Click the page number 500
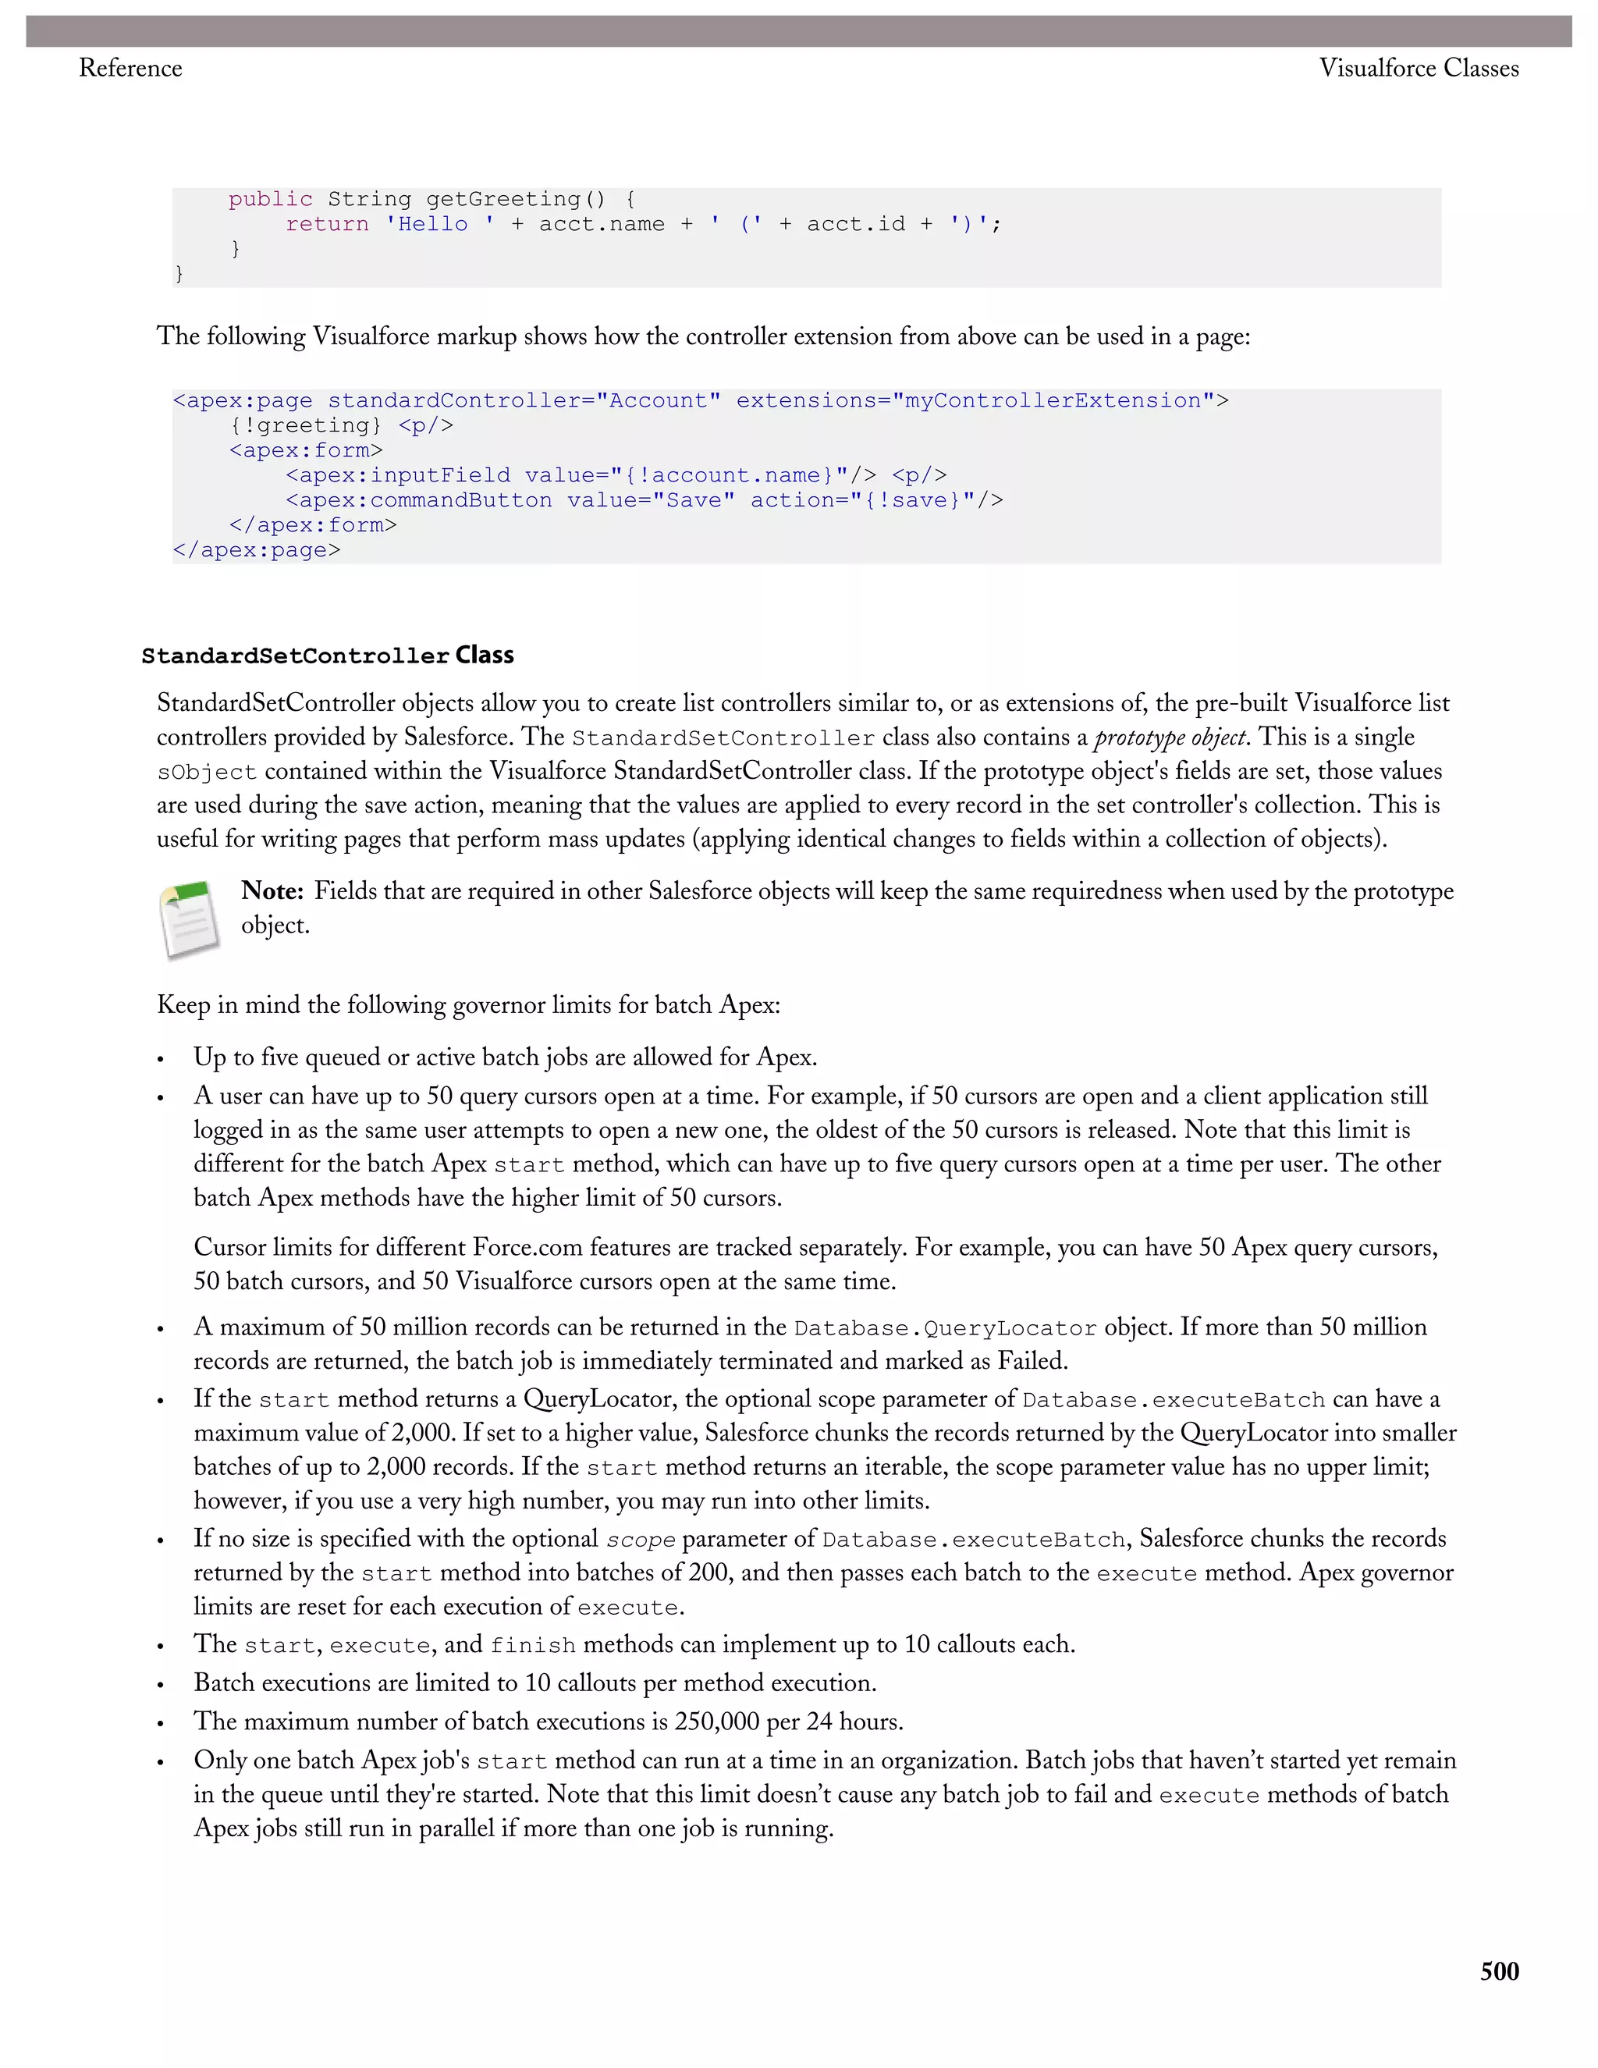pyautogui.click(x=1499, y=1971)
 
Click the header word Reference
pyautogui.click(x=130, y=68)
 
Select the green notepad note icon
pyautogui.click(x=190, y=919)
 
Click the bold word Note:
pyautogui.click(x=272, y=891)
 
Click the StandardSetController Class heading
pyautogui.click(x=328, y=656)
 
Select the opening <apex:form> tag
pyautogui.click(x=306, y=451)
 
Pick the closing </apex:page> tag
pyautogui.click(x=257, y=550)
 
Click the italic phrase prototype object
pyautogui.click(x=1169, y=737)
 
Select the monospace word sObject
pyautogui.click(x=206, y=773)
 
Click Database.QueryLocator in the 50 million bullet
pyautogui.click(x=945, y=1328)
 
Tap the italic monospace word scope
pyautogui.click(x=640, y=1540)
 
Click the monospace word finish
pyautogui.click(x=532, y=1646)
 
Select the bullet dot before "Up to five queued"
pyautogui.click(x=161, y=1060)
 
